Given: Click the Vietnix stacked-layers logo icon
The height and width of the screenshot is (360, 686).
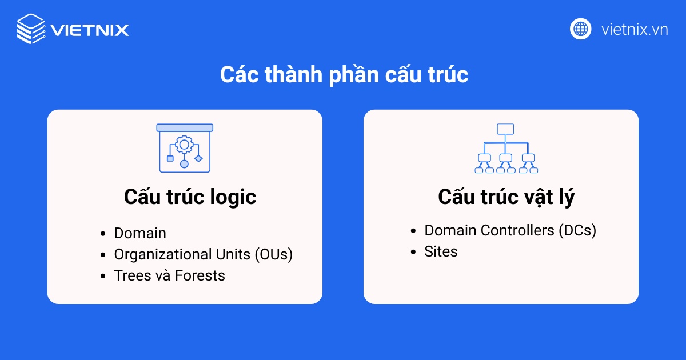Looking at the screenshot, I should tap(31, 29).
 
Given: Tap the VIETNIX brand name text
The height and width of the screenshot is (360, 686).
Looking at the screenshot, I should tap(89, 29).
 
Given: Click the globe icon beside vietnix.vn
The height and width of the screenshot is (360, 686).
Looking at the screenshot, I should tap(580, 29).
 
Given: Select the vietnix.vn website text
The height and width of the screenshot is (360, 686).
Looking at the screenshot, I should tap(635, 29).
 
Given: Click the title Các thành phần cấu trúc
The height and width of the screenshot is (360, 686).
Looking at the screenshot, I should tap(344, 75).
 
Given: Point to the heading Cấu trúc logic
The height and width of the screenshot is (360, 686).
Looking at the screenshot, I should tap(190, 197).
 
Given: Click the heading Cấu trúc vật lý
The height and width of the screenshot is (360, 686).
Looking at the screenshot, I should tap(506, 197).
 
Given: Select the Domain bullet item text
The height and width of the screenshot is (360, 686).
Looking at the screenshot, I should tap(140, 233).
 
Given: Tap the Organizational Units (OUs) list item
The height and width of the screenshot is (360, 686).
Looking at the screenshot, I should tap(203, 254).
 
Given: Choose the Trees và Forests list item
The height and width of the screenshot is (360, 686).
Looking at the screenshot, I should tap(169, 275).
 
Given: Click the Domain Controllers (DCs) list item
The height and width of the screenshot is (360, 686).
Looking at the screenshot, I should tap(510, 230).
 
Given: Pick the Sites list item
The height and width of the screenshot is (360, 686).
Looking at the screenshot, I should tap(441, 251).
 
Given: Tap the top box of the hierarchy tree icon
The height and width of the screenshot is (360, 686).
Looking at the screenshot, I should tap(505, 129).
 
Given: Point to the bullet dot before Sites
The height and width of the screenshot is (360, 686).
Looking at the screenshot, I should tap(413, 252).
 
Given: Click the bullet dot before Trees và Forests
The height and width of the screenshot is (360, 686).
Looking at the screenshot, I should tap(103, 276).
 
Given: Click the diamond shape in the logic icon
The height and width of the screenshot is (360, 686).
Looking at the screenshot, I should tap(198, 158).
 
